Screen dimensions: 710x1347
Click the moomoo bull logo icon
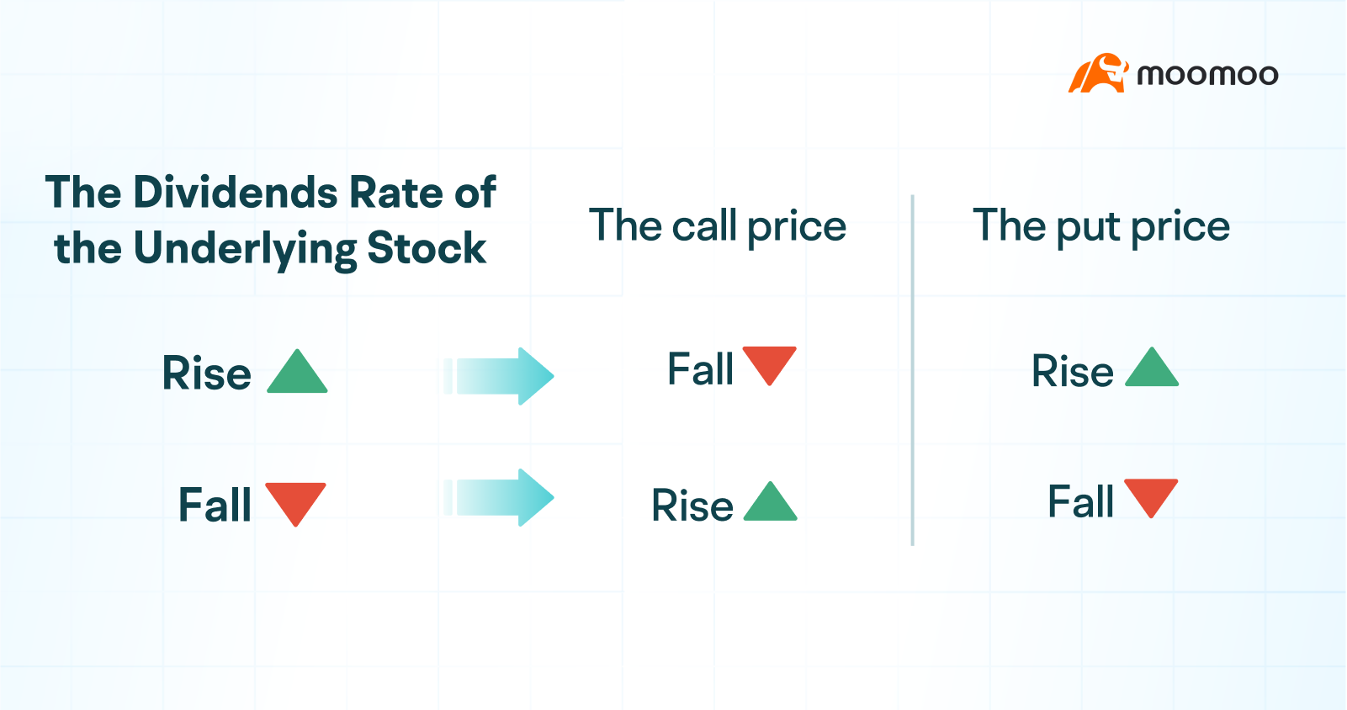(1097, 74)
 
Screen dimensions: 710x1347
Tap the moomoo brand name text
(1207, 75)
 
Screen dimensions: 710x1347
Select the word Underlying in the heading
(244, 249)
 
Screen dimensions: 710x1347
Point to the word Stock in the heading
(427, 248)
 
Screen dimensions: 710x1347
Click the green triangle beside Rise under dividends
(297, 374)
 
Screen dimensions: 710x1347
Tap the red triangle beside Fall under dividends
(295, 502)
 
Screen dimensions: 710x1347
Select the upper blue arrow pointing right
(500, 376)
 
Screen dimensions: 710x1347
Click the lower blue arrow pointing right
(500, 497)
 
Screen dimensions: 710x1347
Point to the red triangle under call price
(769, 363)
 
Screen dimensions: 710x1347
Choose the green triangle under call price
(770, 503)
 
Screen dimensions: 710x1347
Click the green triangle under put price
(1151, 369)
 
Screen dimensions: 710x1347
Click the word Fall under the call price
(700, 369)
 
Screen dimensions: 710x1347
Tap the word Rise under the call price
(692, 506)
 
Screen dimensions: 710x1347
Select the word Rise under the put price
(1073, 371)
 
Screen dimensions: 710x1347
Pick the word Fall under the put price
(1080, 502)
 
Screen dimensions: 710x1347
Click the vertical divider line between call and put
(912, 370)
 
